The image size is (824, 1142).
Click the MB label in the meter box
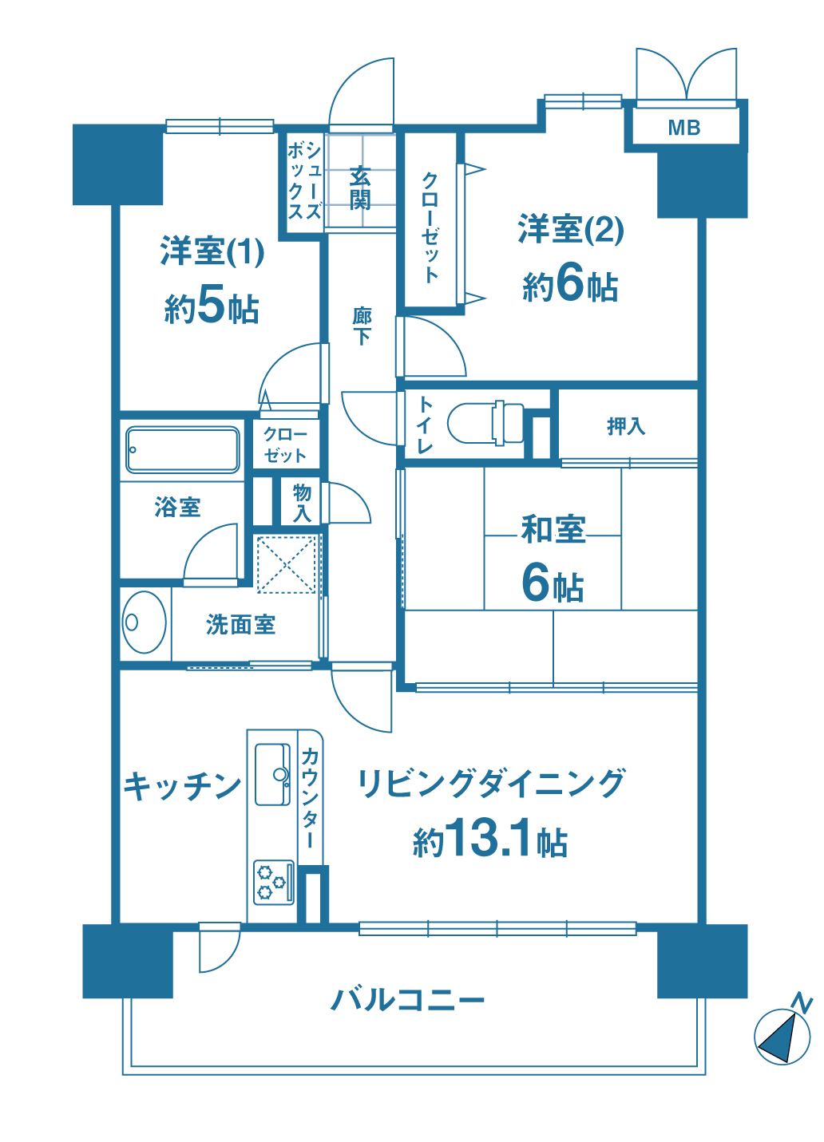click(x=683, y=128)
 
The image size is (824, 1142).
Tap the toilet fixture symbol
click(x=485, y=423)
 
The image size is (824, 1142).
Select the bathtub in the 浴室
click(x=182, y=449)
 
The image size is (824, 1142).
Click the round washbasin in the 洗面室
click(x=145, y=622)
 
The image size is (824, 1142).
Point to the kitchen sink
click(x=272, y=774)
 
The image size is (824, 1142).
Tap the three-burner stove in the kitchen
click(x=274, y=883)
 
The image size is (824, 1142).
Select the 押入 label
click(x=625, y=426)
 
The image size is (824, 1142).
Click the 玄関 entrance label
click(x=360, y=188)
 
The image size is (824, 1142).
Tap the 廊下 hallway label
click(x=362, y=326)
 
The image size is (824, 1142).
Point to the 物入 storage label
click(x=302, y=504)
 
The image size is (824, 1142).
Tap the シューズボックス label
click(x=304, y=181)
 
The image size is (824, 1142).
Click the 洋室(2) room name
click(x=570, y=229)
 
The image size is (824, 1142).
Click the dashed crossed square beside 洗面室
click(x=286, y=564)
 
